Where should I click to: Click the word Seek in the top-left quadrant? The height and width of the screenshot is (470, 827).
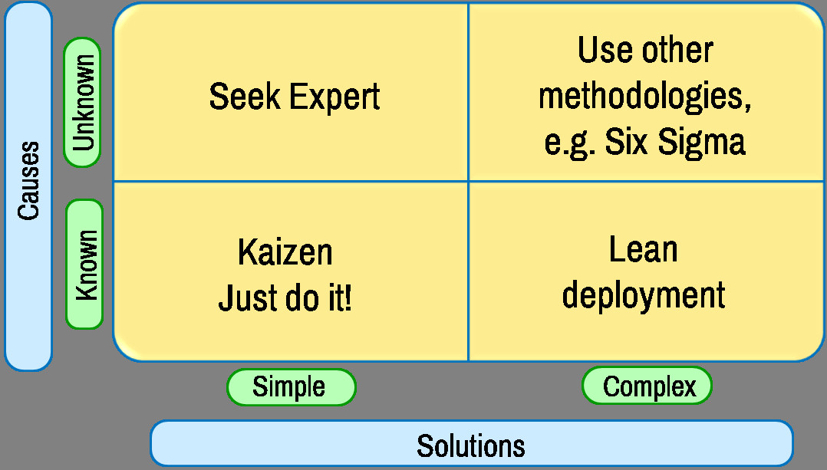tap(245, 97)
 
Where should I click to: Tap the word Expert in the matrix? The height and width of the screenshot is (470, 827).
tap(335, 97)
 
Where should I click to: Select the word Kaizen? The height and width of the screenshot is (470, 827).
tap(285, 251)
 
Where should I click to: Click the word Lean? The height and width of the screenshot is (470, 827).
tap(643, 249)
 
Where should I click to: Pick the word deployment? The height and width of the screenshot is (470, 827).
tap(644, 295)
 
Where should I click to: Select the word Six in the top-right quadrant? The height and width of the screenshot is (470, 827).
tap(626, 142)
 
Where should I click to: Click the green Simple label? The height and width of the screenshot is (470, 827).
tap(292, 387)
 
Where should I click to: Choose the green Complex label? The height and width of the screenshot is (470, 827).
tap(647, 386)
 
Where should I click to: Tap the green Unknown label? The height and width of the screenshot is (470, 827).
tap(83, 103)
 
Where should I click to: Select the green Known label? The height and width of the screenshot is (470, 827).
tap(85, 265)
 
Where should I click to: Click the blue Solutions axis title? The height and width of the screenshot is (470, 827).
tap(472, 444)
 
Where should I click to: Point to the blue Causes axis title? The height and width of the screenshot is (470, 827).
tap(28, 186)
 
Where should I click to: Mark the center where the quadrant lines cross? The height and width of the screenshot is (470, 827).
tap(468, 182)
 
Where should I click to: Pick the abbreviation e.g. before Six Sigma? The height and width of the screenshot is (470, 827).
tap(570, 143)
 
